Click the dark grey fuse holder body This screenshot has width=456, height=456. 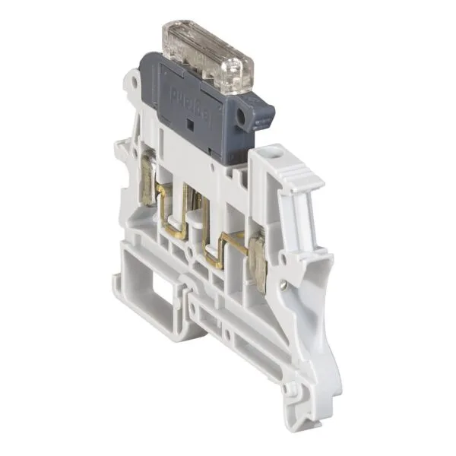coord(198,122)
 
